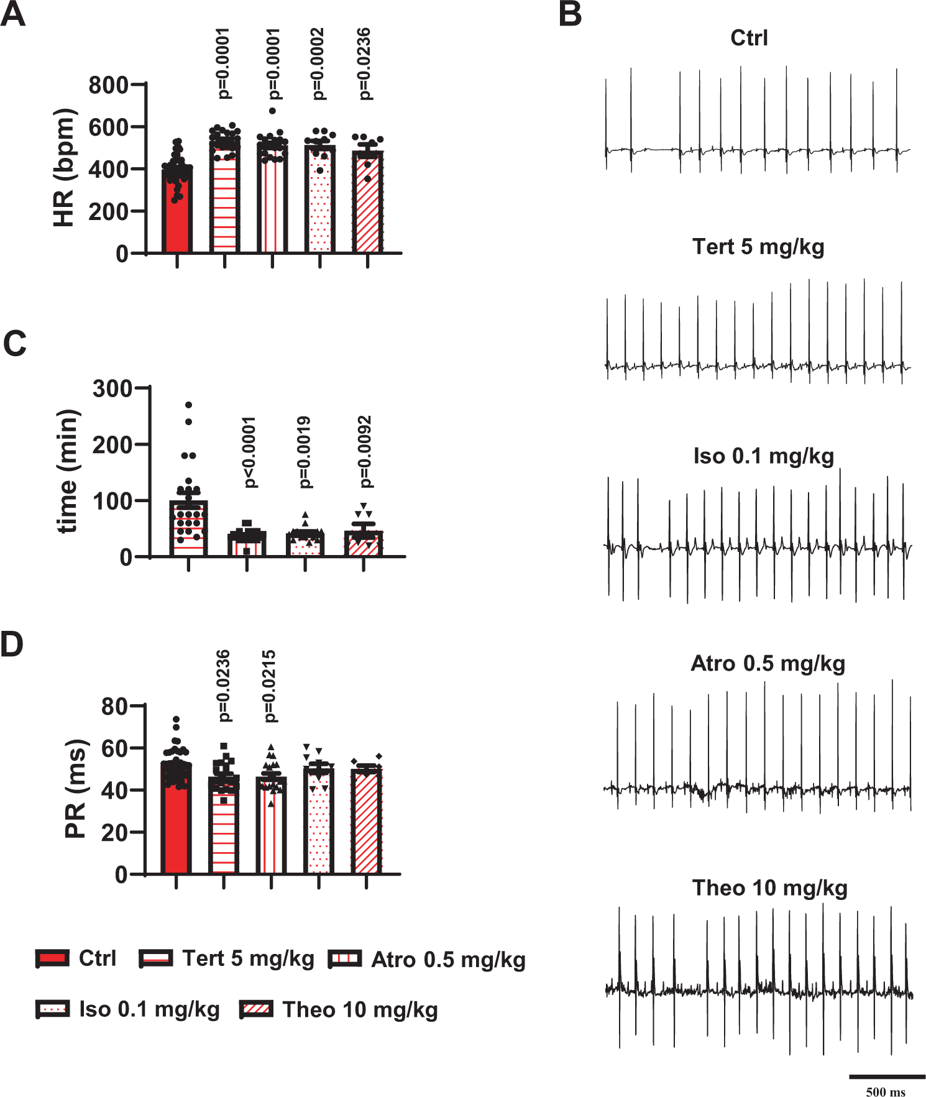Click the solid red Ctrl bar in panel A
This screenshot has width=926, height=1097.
point(176,211)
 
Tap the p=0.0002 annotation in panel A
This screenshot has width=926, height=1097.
point(318,63)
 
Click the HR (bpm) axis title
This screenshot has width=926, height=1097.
point(64,168)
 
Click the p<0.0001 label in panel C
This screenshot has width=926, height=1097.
point(249,452)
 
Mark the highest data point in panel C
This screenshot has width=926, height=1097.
point(188,405)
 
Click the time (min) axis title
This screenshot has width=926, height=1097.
point(68,471)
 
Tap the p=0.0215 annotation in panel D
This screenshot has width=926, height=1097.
point(269,686)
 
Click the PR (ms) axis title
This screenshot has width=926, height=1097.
point(76,789)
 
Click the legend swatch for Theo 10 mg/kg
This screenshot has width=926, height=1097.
point(256,1009)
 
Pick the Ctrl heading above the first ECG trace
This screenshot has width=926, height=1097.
point(749,38)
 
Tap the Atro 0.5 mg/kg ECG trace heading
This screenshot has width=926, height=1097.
point(768,664)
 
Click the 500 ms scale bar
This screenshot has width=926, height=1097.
point(887,1076)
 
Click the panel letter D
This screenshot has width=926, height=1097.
point(12,645)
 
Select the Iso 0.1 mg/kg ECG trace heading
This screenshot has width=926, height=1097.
point(764,456)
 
